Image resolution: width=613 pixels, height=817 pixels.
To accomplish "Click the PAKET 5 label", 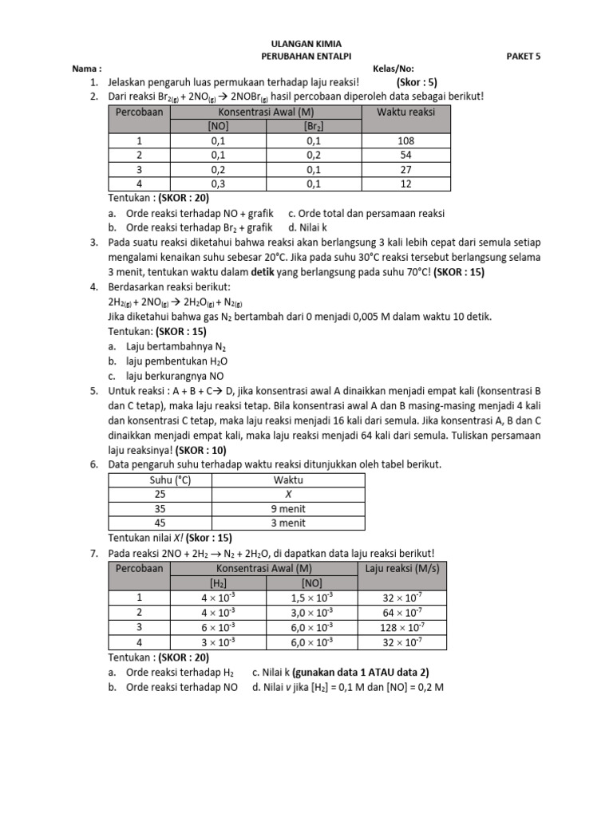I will (524, 57).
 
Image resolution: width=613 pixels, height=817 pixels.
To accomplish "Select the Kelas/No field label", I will (394, 69).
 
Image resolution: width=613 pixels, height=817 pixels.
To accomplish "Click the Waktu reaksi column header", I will (406, 112).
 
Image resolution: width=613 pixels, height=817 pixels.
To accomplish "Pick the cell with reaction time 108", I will (406, 140).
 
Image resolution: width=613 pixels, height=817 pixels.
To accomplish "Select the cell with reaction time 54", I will (406, 155).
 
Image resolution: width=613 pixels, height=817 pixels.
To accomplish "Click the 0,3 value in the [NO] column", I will (218, 184).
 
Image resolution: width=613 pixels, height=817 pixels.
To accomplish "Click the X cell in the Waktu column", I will (289, 495).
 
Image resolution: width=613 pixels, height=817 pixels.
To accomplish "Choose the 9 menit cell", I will (289, 509).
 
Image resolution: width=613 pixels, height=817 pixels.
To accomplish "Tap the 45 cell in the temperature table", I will (160, 523).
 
